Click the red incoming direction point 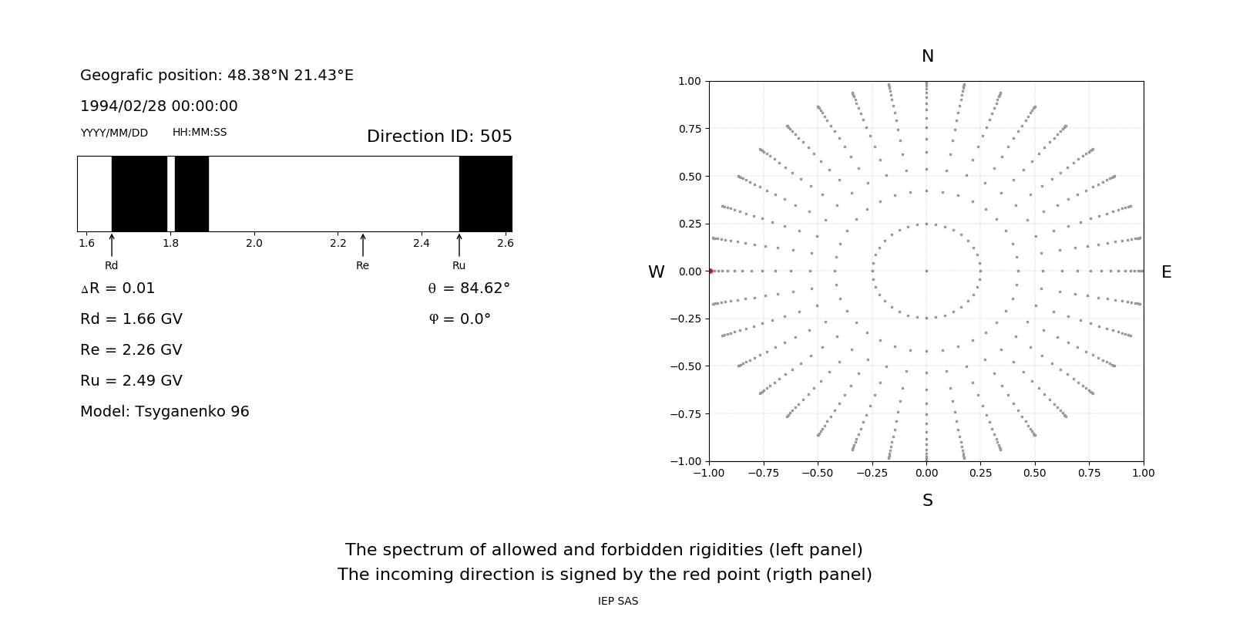click(710, 271)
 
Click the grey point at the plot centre click(926, 271)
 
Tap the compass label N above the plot click(928, 56)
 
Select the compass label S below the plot click(928, 501)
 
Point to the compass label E click(1166, 272)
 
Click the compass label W click(656, 272)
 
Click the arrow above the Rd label click(112, 244)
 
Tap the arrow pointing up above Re click(363, 244)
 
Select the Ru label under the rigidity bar click(459, 266)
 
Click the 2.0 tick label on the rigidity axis click(254, 243)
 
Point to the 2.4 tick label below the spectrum click(421, 243)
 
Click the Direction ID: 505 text click(439, 137)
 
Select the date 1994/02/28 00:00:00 click(159, 106)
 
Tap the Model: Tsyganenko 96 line click(165, 412)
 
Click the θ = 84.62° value click(469, 288)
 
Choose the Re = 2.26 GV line click(131, 350)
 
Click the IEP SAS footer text click(618, 601)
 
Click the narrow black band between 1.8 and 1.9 click(192, 194)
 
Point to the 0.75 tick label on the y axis click(690, 129)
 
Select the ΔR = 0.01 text click(118, 288)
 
